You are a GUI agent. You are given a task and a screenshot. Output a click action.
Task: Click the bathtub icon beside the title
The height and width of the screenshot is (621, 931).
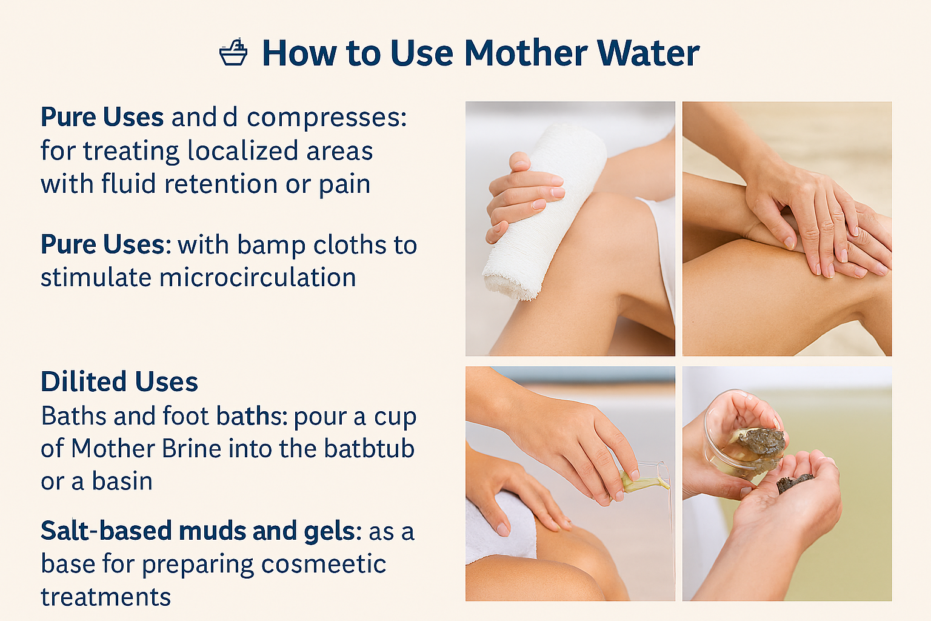coord(233,53)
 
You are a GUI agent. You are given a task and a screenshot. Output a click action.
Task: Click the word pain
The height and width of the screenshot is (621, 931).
coord(345,184)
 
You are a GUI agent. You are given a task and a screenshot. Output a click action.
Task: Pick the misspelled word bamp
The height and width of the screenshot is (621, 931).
coord(271,245)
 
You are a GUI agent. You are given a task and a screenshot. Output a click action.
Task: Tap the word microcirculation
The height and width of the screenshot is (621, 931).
coord(258,278)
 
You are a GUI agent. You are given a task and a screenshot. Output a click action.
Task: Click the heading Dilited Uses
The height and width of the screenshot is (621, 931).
coord(119,382)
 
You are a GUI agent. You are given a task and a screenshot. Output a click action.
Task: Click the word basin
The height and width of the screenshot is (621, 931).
coord(122,482)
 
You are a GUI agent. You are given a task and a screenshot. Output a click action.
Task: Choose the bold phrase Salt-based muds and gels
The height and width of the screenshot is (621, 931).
coord(198,531)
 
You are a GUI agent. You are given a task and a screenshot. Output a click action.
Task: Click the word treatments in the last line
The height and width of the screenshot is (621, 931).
coord(106,597)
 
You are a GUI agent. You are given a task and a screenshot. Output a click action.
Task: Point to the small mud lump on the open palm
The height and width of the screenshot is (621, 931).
coord(795,482)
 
